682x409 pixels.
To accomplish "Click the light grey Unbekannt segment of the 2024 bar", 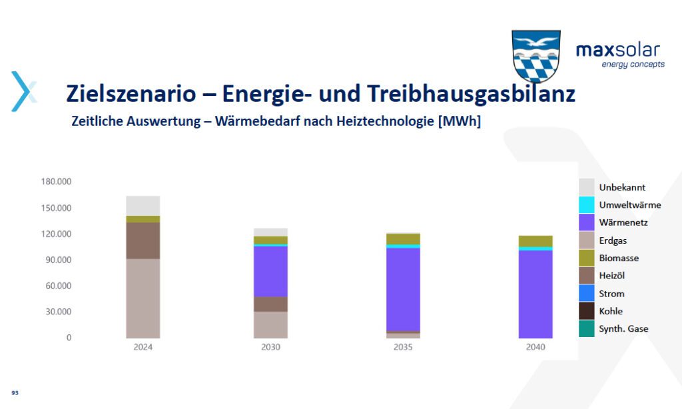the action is point(143,206).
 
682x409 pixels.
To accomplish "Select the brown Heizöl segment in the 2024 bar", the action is point(143,241).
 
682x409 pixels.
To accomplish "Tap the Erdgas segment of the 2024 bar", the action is point(143,298).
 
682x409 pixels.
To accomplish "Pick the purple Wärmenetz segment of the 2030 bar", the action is point(270,272).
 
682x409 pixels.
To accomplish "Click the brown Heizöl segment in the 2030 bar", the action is point(270,304).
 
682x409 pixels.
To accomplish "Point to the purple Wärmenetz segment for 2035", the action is point(403,289).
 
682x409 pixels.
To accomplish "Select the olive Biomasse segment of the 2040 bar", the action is point(535,242).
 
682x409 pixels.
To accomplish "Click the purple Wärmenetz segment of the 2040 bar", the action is point(535,294).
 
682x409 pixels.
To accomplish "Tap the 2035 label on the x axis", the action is point(403,347).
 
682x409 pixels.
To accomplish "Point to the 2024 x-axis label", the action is point(143,347).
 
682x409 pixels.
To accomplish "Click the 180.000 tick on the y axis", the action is point(56,181).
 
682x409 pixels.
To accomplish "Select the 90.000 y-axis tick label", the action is point(59,260).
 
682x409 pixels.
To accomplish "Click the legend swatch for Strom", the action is point(586,293).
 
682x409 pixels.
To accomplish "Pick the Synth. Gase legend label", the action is point(623,329).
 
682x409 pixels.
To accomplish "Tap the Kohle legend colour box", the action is point(586,311).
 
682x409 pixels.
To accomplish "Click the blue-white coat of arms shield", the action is point(536,57).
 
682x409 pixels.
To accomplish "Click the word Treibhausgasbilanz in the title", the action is point(471,93).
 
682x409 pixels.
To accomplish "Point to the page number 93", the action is point(15,393).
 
